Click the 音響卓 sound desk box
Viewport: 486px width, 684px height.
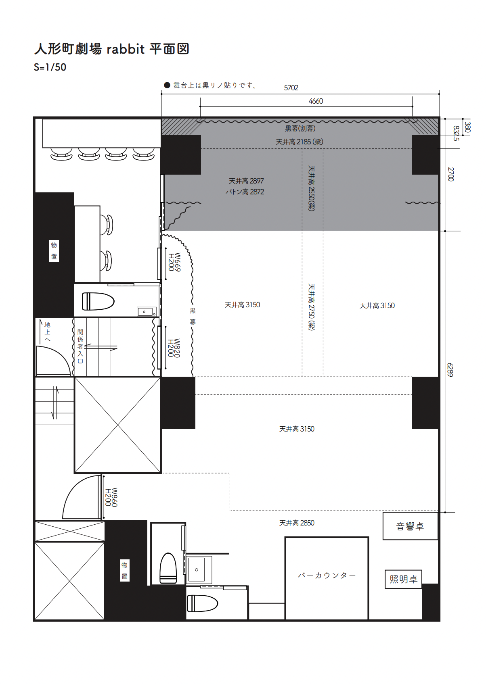410,526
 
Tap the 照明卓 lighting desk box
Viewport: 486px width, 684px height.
403,579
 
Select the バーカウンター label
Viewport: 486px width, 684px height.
327,575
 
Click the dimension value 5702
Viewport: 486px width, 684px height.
291,88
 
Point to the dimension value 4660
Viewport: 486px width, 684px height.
316,101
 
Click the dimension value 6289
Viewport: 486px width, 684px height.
450,370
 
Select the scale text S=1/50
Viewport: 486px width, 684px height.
50,67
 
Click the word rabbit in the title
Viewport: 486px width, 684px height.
125,49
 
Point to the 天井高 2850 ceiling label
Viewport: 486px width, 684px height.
297,523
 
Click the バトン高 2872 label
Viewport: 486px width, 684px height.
245,192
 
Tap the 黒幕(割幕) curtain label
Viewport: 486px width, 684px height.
300,129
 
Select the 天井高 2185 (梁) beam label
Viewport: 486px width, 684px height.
300,142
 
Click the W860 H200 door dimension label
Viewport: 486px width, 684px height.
111,497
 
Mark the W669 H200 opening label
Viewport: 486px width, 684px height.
174,262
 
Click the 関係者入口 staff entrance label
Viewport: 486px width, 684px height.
80,346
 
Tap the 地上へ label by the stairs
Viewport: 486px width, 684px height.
47,332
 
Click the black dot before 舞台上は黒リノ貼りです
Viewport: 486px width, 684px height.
167,85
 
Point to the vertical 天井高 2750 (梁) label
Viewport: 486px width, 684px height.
311,307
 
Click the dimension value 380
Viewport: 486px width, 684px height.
467,127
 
